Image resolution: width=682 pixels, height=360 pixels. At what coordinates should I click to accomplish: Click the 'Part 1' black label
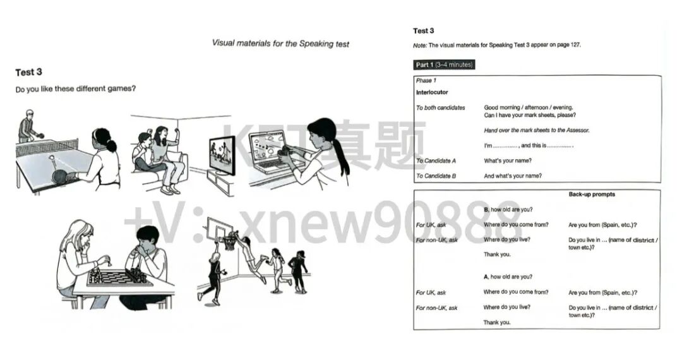tap(444, 64)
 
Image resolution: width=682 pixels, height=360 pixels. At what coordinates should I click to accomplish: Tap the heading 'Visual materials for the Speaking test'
tap(280, 44)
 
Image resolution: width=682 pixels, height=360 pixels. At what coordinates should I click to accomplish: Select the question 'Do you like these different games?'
tap(76, 89)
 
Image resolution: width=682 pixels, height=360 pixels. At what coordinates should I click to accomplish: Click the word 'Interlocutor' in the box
tap(432, 92)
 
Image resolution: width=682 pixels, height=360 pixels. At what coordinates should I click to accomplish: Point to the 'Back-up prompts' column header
tap(592, 195)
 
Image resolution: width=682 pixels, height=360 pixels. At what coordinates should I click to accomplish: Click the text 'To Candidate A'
tap(436, 161)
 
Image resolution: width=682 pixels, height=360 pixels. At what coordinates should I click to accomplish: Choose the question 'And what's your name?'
tap(513, 176)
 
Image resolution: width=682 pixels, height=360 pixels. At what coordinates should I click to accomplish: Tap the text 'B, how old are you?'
tap(508, 209)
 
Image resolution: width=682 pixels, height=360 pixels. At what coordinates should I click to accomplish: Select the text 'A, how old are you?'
tap(508, 277)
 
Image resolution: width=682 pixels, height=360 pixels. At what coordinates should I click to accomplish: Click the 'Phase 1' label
tap(426, 81)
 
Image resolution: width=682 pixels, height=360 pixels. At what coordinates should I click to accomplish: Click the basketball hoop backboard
tap(218, 228)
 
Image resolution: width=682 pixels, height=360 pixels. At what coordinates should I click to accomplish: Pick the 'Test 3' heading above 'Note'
tap(424, 30)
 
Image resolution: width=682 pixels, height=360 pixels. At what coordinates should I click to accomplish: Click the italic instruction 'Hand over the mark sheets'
tap(536, 130)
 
